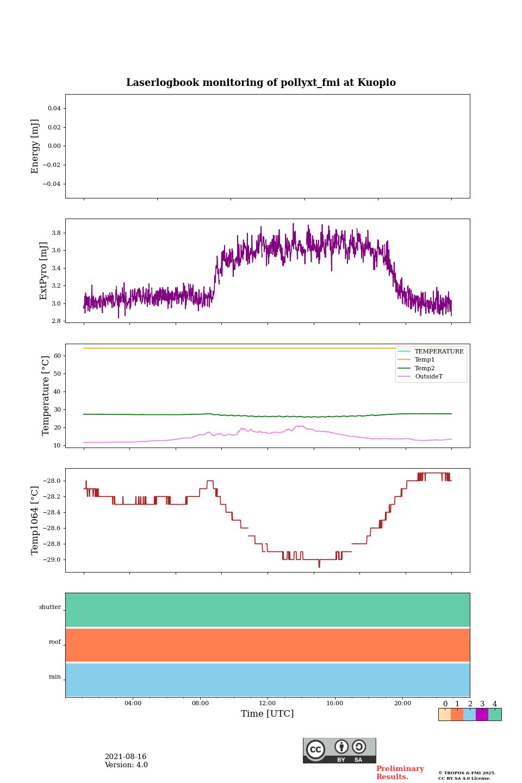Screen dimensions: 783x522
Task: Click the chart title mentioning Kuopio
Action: pyautogui.click(x=261, y=83)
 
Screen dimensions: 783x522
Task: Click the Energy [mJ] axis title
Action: pyautogui.click(x=35, y=146)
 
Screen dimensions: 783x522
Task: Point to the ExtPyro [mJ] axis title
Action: pyautogui.click(x=44, y=271)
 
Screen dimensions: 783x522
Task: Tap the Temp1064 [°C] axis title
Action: pyautogui.click(x=35, y=520)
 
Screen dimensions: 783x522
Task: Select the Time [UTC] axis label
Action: pyautogui.click(x=268, y=714)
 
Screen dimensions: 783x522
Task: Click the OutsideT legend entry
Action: pyautogui.click(x=428, y=377)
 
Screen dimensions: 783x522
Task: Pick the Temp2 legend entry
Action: pyautogui.click(x=425, y=369)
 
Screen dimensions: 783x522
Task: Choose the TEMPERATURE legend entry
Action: pyautogui.click(x=439, y=352)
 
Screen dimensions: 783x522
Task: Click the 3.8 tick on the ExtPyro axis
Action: pyautogui.click(x=56, y=233)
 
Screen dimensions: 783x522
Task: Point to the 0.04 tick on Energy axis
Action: pyautogui.click(x=54, y=109)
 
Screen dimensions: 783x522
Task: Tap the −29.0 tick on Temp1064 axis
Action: pyautogui.click(x=53, y=560)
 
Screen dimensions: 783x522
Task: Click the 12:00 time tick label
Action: pyautogui.click(x=268, y=704)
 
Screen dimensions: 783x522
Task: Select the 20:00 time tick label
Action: pyautogui.click(x=402, y=704)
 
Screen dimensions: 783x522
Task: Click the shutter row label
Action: pyautogui.click(x=50, y=607)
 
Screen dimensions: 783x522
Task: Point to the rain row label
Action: pyautogui.click(x=55, y=677)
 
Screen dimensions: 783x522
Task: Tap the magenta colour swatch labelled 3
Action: pyautogui.click(x=482, y=714)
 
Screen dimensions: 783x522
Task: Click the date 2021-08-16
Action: pyautogui.click(x=126, y=757)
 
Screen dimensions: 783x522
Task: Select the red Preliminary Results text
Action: pyautogui.click(x=400, y=773)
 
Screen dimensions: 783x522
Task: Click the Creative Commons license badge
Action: pyautogui.click(x=339, y=750)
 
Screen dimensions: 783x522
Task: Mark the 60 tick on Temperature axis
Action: pyautogui.click(x=57, y=356)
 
